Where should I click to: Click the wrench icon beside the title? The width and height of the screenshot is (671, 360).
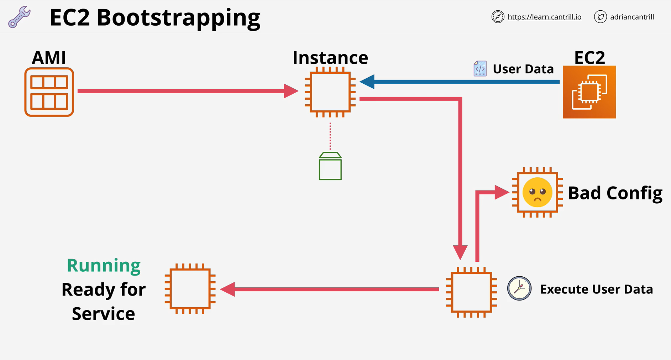[19, 17]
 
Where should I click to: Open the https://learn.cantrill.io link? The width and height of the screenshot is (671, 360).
[544, 17]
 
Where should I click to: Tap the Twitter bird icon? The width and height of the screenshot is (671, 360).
[600, 17]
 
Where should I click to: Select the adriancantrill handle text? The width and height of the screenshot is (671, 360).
[632, 17]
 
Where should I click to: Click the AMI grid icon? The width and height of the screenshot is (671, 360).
[49, 92]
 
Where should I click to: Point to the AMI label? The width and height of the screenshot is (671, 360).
[49, 58]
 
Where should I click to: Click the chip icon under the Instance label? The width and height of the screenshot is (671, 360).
[330, 92]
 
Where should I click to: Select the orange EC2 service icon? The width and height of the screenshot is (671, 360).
[589, 92]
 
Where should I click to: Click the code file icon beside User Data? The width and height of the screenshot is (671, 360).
[480, 68]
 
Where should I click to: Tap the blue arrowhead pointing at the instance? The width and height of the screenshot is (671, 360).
[367, 82]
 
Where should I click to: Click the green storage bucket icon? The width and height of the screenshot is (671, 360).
[330, 166]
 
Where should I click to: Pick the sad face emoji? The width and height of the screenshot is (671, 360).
[537, 192]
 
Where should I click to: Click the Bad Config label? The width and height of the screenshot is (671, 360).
[615, 193]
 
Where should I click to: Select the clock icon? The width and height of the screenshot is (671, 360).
[519, 288]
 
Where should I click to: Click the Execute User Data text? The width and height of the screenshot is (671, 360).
[597, 289]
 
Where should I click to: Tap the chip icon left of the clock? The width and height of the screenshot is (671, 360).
[471, 292]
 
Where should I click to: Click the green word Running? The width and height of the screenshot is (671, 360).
[104, 266]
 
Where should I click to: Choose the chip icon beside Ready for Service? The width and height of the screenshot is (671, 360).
[190, 289]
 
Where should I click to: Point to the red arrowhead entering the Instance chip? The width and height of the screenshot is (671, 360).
[291, 91]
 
